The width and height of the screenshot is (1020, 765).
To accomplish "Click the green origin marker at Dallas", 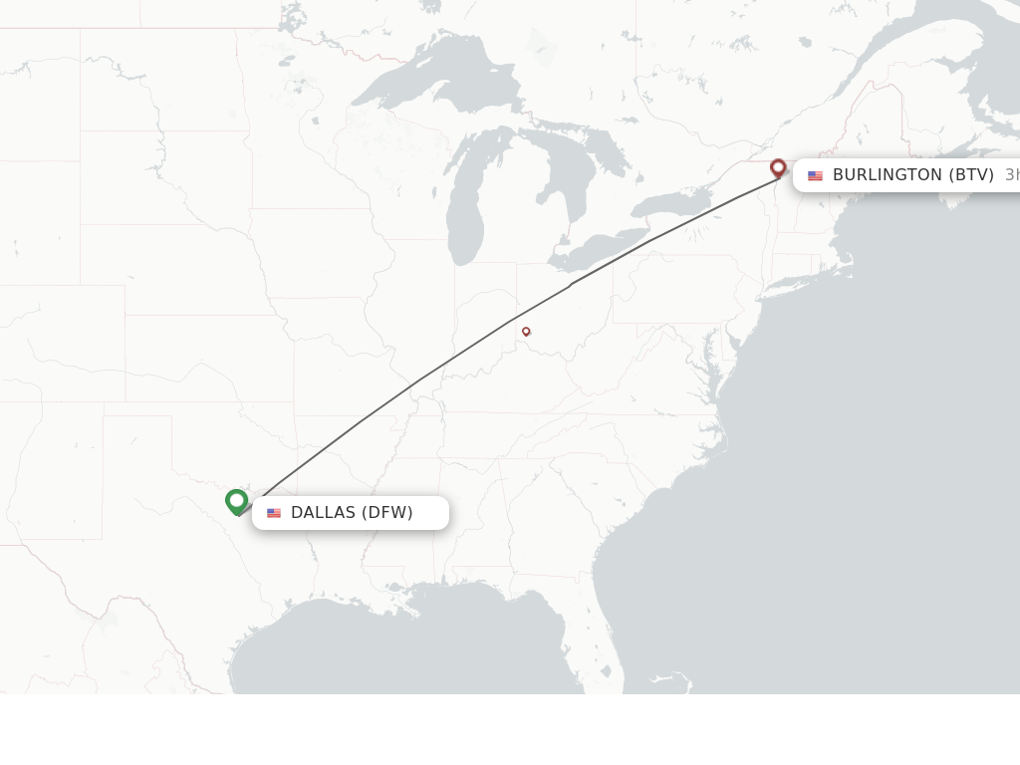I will [x=236, y=501].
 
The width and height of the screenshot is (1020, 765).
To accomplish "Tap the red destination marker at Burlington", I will [x=778, y=168].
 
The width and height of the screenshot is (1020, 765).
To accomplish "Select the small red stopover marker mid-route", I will [x=526, y=332].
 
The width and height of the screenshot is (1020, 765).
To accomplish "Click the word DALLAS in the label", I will [x=323, y=513].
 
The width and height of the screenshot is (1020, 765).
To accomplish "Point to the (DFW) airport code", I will [x=387, y=513].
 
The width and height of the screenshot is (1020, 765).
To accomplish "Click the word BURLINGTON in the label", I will [x=887, y=175].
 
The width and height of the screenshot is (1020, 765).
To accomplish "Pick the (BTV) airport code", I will [x=970, y=175].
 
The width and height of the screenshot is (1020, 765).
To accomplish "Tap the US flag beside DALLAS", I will [x=274, y=513].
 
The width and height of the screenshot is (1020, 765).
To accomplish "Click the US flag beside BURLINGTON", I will [x=815, y=175].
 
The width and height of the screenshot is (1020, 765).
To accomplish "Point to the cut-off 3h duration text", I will [x=1011, y=175].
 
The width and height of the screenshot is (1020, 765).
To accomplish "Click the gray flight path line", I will [x=418, y=381].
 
